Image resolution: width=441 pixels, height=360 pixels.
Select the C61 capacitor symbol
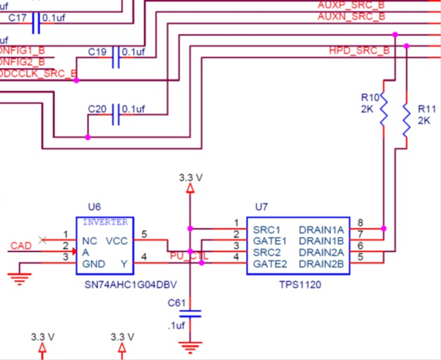(x=189, y=313)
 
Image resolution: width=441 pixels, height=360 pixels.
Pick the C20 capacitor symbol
(x=117, y=116)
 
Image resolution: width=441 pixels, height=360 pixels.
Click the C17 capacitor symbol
(x=36, y=24)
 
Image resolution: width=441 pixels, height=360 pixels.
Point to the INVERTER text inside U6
(x=106, y=222)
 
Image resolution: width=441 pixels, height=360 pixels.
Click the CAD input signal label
(x=20, y=246)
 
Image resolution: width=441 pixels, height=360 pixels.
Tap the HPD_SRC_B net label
(x=359, y=51)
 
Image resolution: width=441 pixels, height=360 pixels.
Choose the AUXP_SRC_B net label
(x=351, y=5)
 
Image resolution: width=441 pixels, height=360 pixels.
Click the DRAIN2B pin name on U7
(x=322, y=264)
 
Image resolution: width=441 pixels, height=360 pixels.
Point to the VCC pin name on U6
(x=117, y=241)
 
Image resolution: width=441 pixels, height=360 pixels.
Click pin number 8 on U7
(x=360, y=223)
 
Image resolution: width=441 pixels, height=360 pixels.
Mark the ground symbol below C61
(x=189, y=347)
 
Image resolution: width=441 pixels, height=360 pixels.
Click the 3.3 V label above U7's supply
(x=189, y=177)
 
